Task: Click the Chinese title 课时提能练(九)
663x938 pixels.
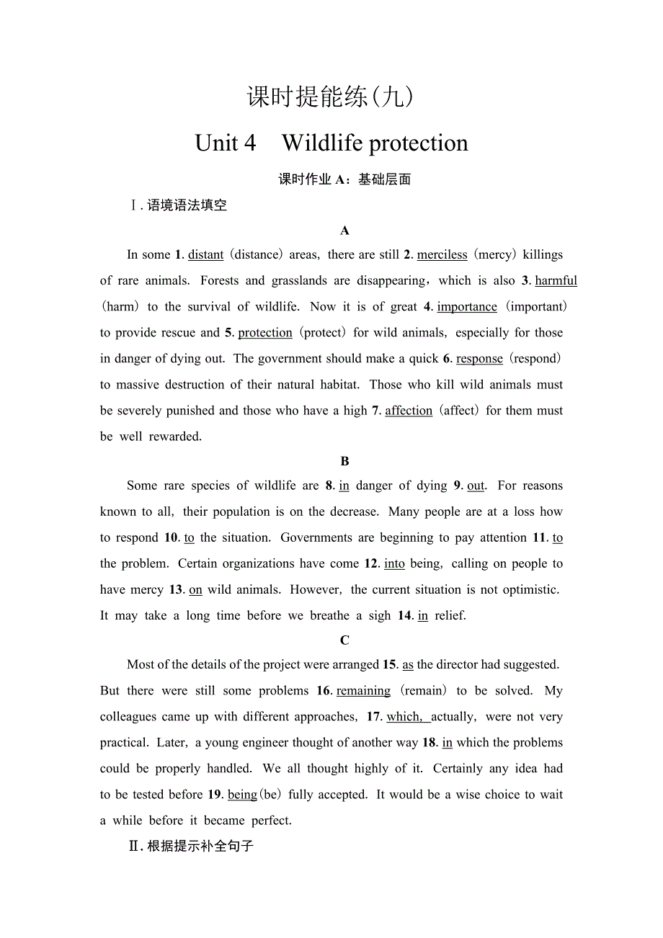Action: [331, 97]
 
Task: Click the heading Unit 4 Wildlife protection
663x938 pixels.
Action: [331, 143]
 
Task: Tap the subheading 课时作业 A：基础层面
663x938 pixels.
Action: [344, 179]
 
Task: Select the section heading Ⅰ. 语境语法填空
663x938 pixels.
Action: [178, 205]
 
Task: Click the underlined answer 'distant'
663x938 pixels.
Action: [205, 255]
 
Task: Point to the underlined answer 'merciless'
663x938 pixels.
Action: [442, 255]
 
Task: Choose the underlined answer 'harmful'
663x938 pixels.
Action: [556, 281]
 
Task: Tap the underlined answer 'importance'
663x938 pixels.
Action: [466, 307]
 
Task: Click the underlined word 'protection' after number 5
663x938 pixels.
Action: [264, 333]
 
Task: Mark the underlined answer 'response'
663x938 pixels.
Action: [479, 359]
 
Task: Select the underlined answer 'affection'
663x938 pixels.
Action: [409, 411]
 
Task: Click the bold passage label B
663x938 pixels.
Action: [344, 461]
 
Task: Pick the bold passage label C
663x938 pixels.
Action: [344, 640]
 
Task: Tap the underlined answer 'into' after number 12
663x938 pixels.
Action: [394, 564]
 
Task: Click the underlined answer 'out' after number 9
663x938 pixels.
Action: [476, 486]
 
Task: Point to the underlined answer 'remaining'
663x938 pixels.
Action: [363, 691]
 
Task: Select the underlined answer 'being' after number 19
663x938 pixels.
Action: [242, 795]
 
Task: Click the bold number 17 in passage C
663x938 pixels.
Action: [373, 717]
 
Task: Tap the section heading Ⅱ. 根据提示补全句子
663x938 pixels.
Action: [191, 846]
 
